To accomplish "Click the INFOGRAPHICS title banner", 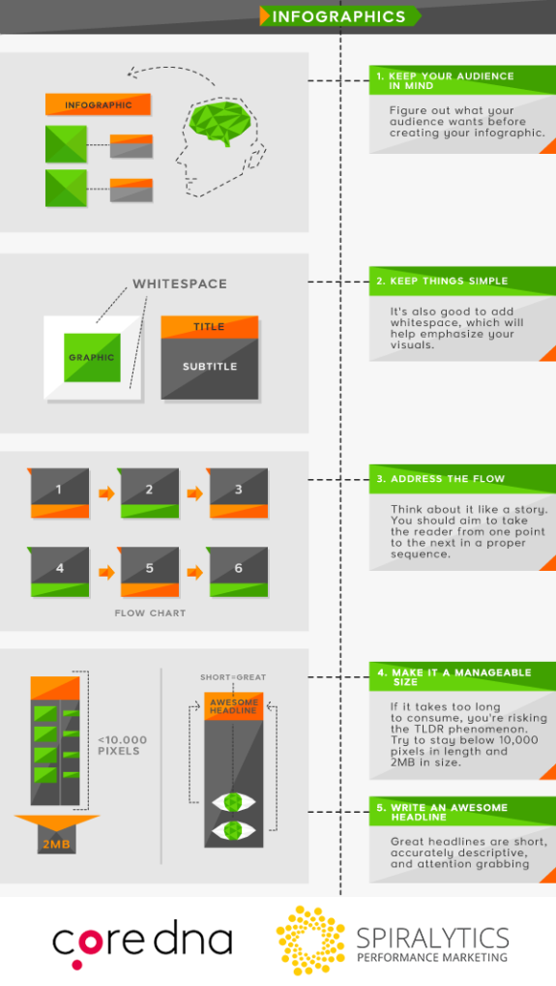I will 339,16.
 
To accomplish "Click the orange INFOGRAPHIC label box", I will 99,105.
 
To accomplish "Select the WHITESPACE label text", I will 180,284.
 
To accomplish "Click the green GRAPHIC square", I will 92,357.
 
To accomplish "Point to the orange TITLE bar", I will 209,327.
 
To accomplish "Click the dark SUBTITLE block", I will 210,368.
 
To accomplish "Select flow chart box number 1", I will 59,492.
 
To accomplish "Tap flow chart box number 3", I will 238,492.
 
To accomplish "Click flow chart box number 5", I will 149,570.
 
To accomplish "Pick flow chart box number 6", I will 238,570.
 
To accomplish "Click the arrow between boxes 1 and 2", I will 104,493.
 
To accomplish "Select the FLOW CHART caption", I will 150,613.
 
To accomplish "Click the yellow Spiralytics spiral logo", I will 310,940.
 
